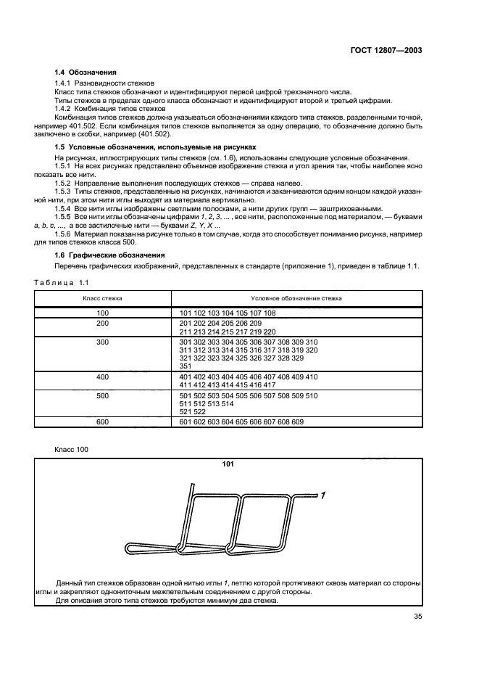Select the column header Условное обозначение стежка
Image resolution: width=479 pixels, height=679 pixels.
click(x=296, y=298)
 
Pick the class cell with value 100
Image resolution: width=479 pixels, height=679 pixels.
click(x=102, y=313)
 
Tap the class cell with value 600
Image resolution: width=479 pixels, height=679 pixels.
click(x=102, y=421)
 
